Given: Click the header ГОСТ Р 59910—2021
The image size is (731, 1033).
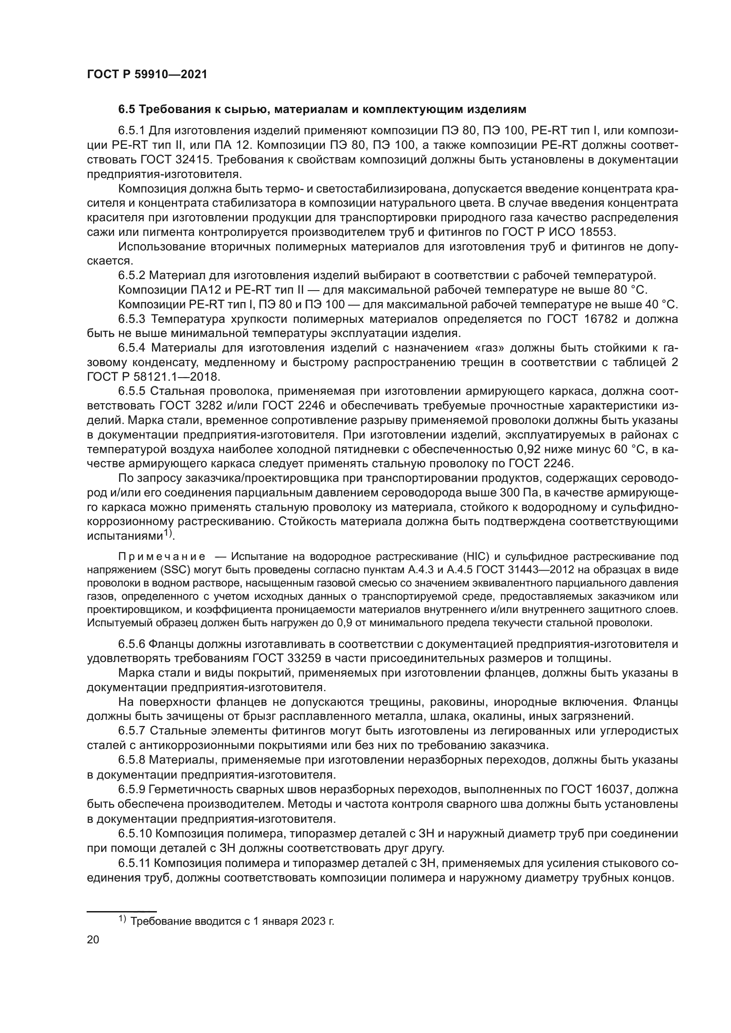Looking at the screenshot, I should [x=147, y=75].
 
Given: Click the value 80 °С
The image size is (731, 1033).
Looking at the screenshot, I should [x=630, y=290].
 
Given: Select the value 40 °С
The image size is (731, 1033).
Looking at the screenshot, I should [x=661, y=305].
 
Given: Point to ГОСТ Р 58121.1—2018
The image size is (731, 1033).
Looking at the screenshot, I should [x=153, y=377].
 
